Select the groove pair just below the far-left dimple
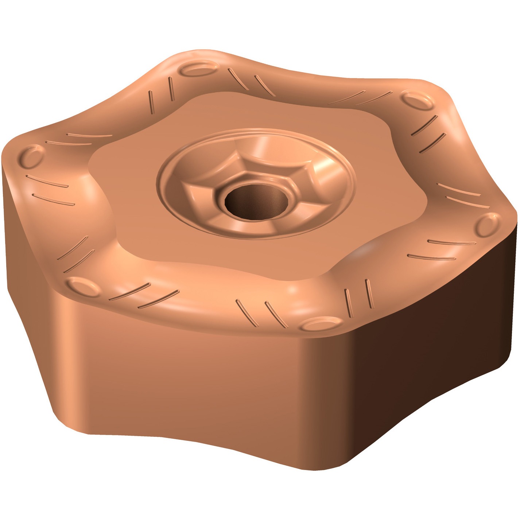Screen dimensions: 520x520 coord(51,190)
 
